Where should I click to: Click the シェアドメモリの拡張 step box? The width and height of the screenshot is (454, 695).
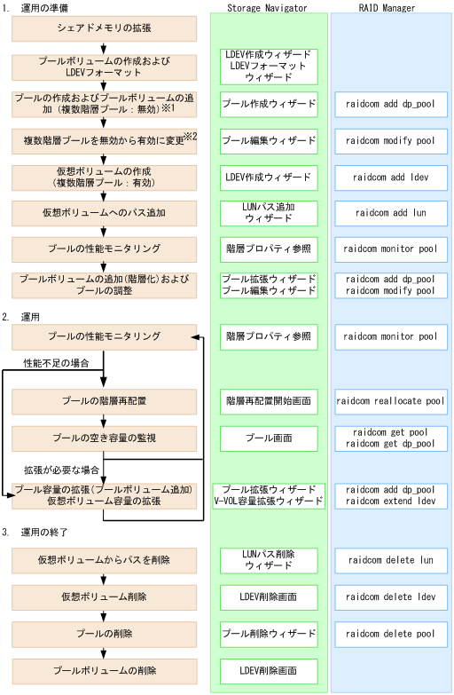104,30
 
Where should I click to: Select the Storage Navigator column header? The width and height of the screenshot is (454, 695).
269,8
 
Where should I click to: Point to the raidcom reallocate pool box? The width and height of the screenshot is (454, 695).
390,401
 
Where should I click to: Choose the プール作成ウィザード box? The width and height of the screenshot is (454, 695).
269,104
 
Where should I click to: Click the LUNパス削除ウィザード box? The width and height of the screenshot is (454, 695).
269,560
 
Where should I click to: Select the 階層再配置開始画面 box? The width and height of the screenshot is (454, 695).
269,401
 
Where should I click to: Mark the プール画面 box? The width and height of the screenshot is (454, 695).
269,438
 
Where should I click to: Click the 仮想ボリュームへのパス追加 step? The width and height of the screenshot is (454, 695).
104,213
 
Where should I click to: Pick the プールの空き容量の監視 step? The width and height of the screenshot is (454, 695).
104,438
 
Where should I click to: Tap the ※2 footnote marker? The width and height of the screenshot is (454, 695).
189,136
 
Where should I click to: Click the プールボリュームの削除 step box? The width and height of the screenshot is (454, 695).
104,671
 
